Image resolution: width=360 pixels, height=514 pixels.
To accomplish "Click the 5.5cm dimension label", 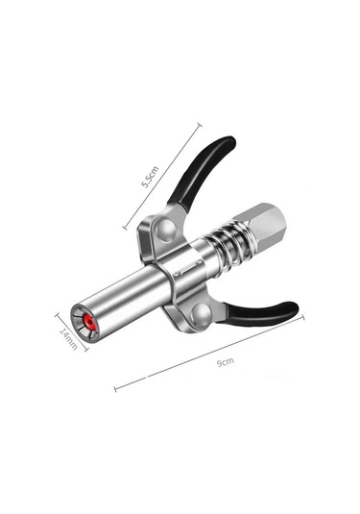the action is tap(150, 177).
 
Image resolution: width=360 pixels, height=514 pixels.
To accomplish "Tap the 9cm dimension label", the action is tap(226, 362).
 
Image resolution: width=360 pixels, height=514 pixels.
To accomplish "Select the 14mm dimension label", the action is tap(68, 338).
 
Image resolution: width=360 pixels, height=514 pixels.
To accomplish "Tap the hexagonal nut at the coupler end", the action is tap(261, 225).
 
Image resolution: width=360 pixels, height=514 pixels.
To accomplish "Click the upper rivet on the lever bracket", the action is tap(166, 231).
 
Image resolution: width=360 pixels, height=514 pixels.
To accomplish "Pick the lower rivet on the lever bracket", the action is tap(202, 313).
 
